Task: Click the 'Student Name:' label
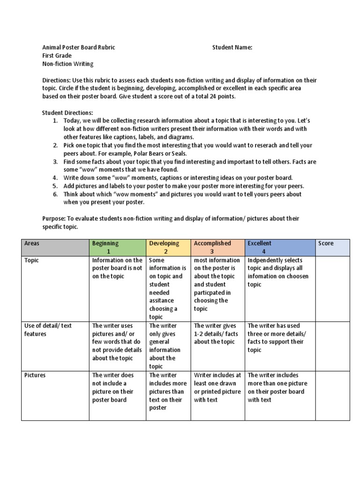click(232, 47)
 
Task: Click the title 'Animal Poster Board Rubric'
click(79, 47)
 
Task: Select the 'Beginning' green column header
click(117, 247)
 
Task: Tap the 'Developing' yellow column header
click(168, 247)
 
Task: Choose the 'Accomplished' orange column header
click(217, 247)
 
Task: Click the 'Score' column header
click(332, 247)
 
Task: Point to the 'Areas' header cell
click(55, 247)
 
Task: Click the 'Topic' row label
click(31, 260)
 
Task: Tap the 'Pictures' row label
click(35, 375)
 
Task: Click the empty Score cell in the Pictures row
click(332, 395)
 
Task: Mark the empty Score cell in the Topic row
click(332, 288)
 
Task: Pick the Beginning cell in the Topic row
click(117, 288)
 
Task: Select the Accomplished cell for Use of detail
click(217, 346)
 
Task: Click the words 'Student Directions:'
click(67, 112)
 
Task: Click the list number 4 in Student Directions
click(55, 178)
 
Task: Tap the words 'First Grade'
click(57, 55)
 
